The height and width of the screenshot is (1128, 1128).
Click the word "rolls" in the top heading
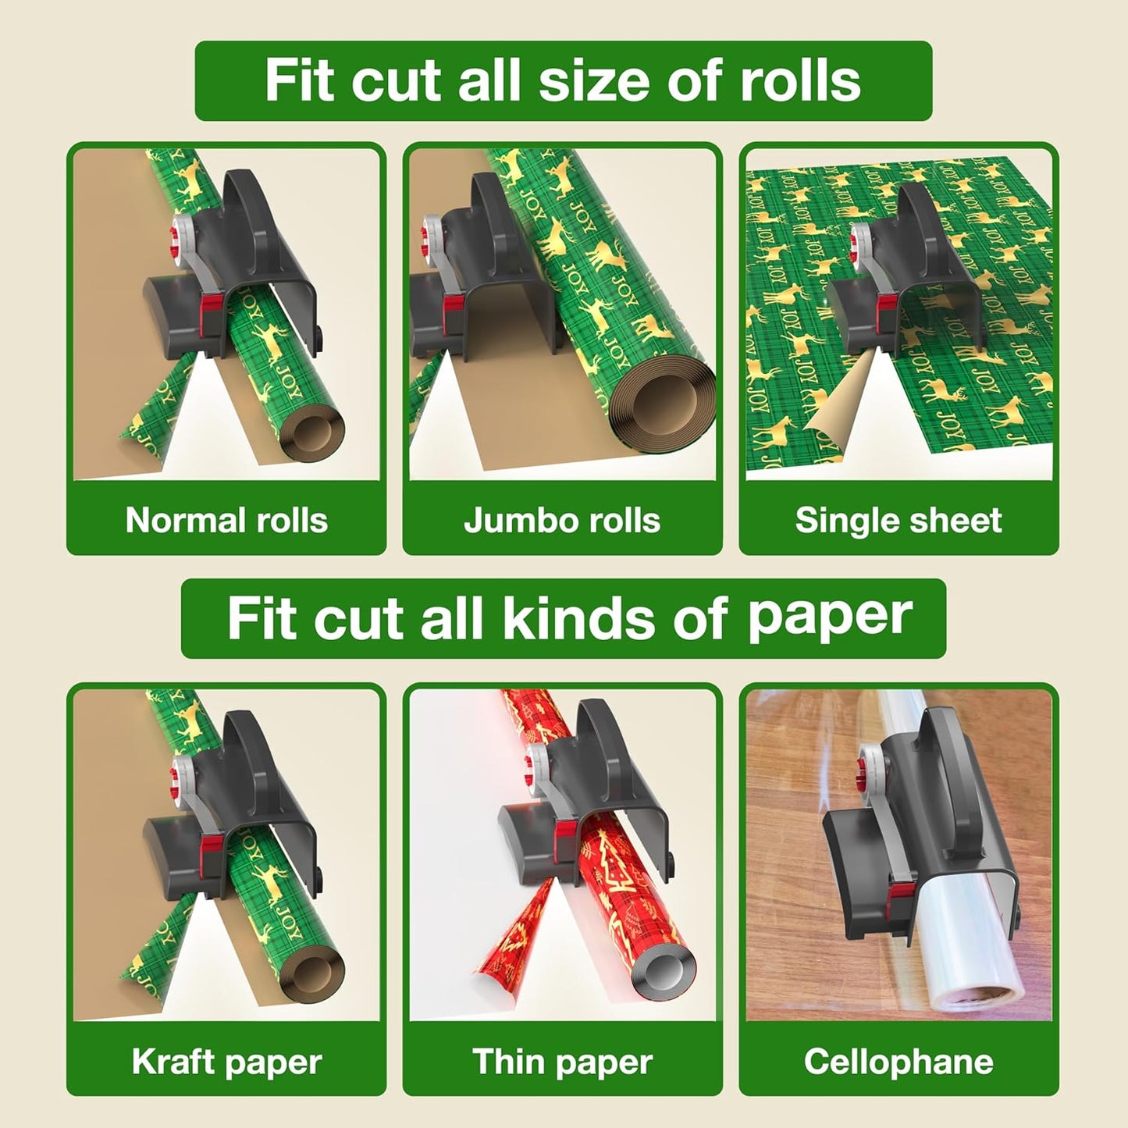click(x=799, y=80)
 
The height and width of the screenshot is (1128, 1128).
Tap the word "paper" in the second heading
click(x=830, y=618)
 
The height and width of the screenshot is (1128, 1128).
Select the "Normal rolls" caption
click(x=226, y=520)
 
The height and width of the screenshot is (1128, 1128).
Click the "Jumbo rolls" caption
click(x=562, y=520)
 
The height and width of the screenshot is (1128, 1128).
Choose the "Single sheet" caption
click(x=898, y=520)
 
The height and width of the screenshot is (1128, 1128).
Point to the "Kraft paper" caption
click(x=226, y=1062)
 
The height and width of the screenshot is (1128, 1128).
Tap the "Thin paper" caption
click(x=562, y=1062)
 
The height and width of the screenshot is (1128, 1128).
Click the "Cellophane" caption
click(x=898, y=1062)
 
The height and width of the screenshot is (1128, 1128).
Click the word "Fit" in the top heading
click(x=299, y=80)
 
